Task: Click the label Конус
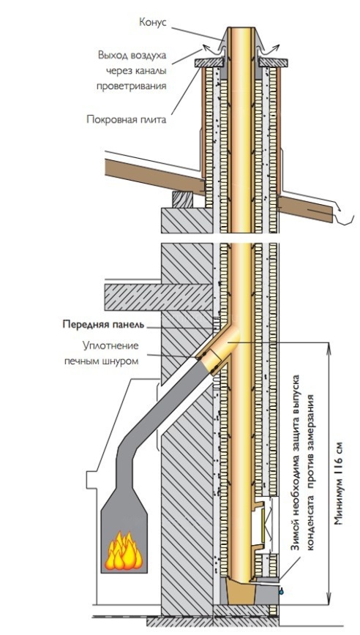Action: [x=153, y=22]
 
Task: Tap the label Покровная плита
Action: [x=127, y=120]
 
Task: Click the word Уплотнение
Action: [x=110, y=346]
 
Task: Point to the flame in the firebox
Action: [x=124, y=551]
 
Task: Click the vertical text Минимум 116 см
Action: [x=339, y=482]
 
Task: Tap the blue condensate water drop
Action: [x=280, y=591]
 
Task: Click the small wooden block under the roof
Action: [x=183, y=199]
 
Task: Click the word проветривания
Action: [x=132, y=86]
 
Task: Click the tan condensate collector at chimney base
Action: [x=241, y=591]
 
